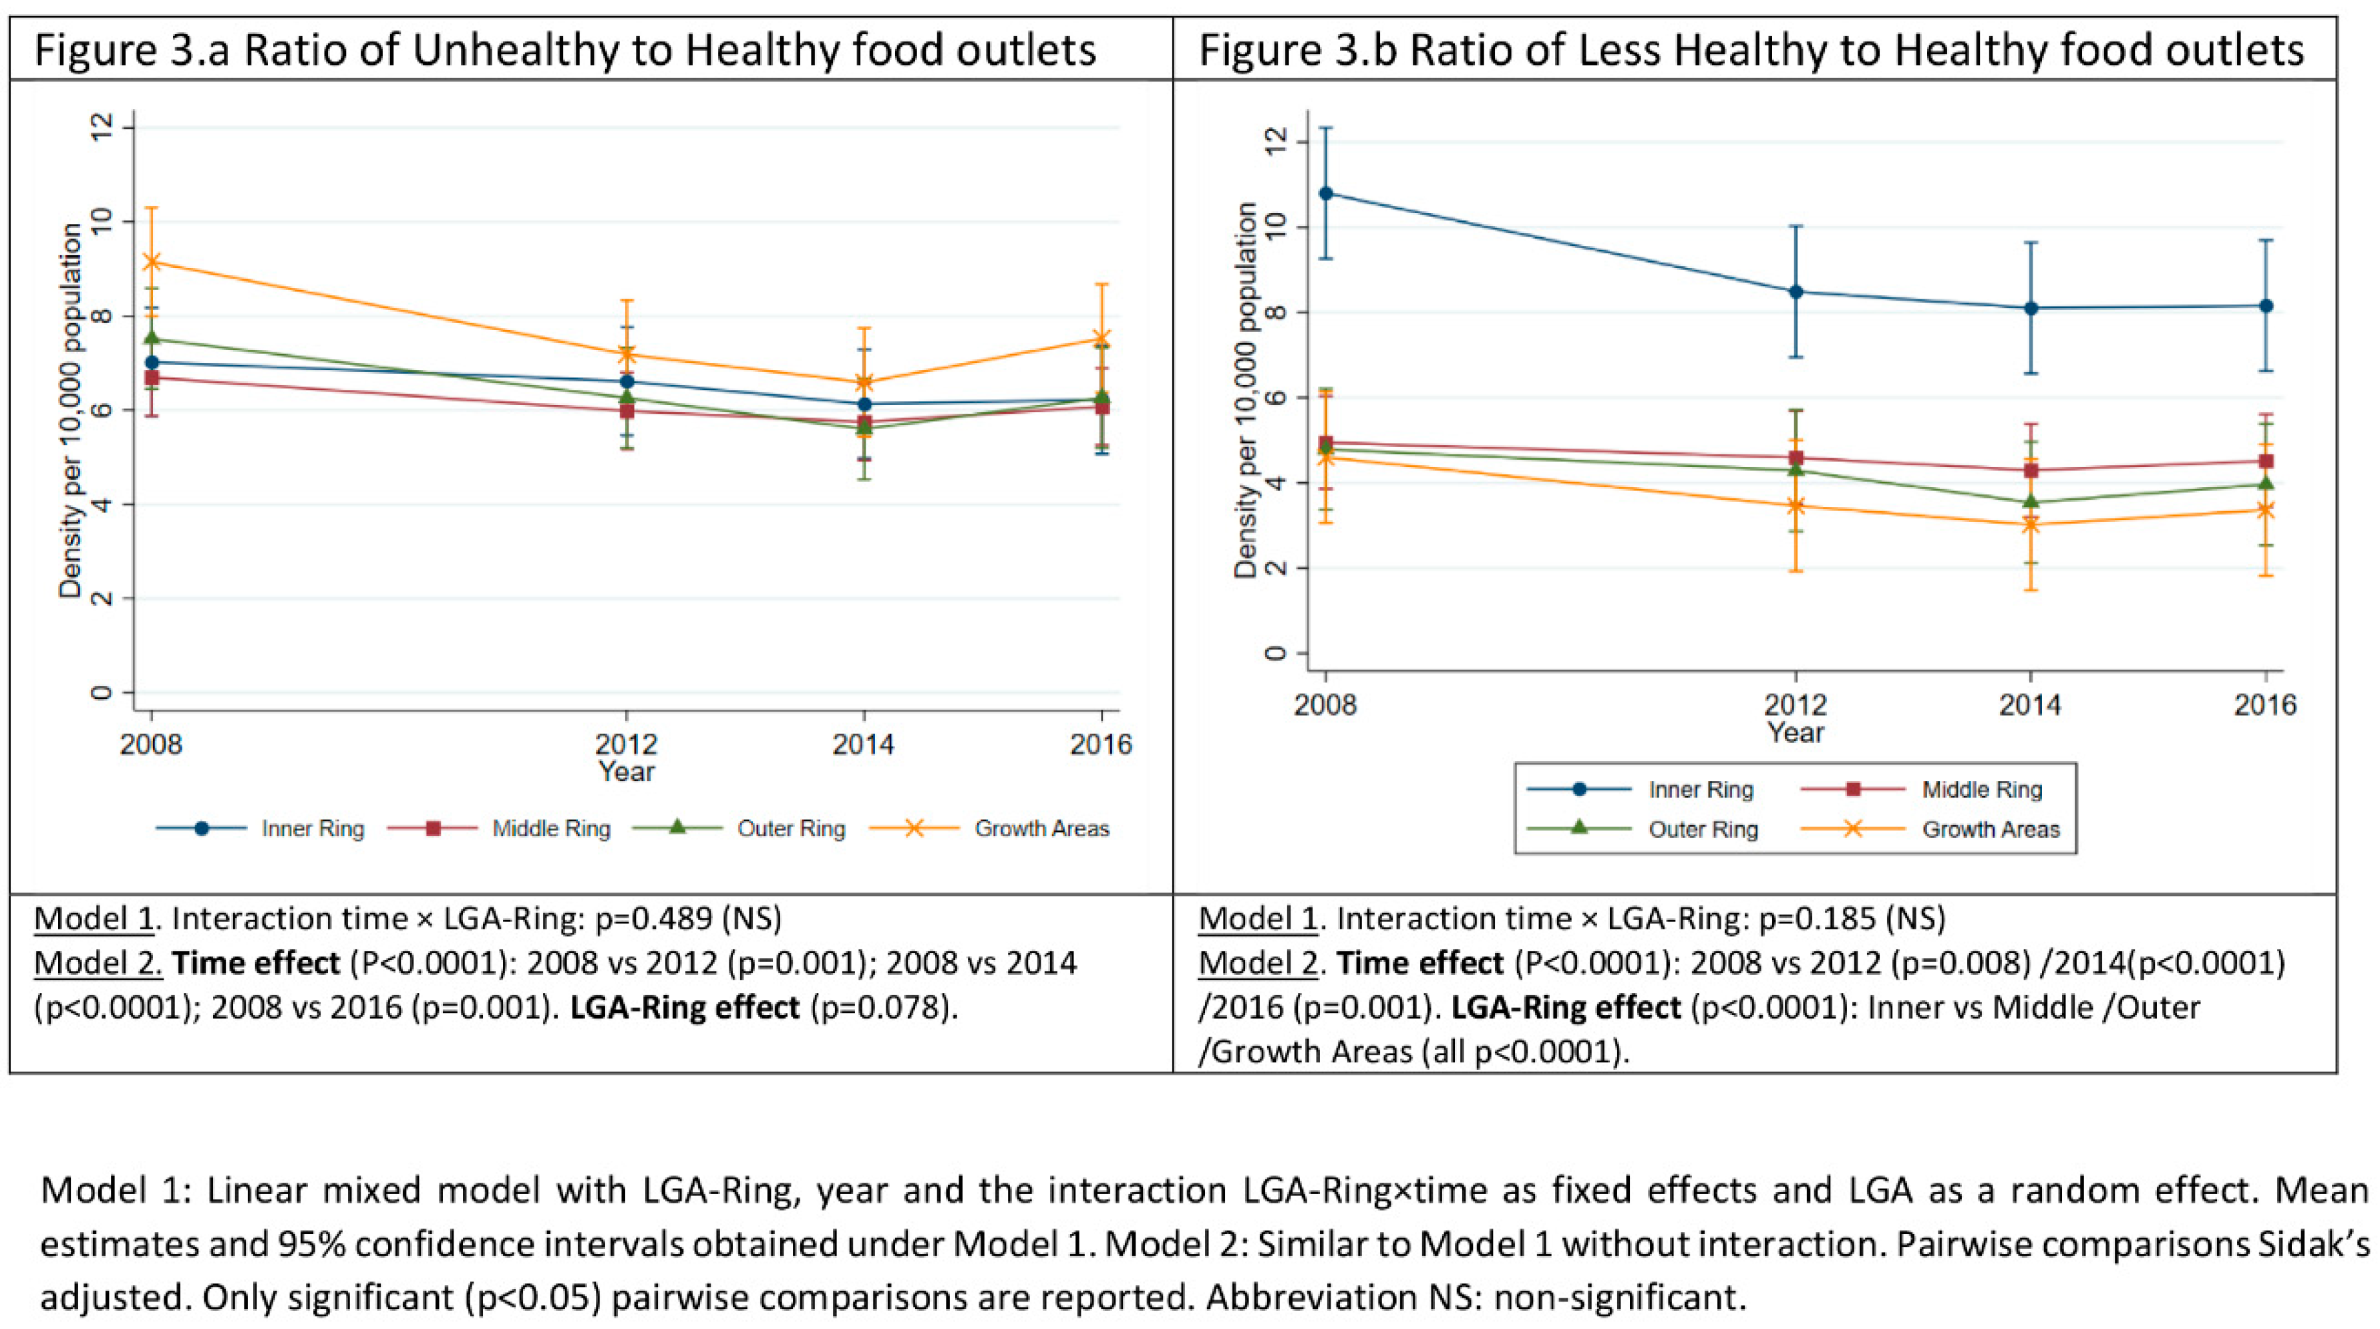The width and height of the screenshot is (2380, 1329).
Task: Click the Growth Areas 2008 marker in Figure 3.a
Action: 152,261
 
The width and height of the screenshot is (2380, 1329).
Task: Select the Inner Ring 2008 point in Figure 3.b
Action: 1326,193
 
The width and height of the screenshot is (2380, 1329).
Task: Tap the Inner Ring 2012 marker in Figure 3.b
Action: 1796,292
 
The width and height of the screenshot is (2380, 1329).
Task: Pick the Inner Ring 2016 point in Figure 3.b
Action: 2265,306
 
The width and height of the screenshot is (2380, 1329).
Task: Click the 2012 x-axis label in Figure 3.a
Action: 627,744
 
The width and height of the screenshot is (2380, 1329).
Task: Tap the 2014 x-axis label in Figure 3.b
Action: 2031,705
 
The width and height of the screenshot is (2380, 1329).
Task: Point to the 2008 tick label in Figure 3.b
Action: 1326,705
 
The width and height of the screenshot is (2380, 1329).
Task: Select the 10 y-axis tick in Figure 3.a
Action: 100,222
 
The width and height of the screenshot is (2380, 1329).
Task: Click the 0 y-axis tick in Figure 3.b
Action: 1275,653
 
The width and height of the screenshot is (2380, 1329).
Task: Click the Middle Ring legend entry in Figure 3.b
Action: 1982,789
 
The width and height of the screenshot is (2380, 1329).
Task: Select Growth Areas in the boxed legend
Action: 1991,829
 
